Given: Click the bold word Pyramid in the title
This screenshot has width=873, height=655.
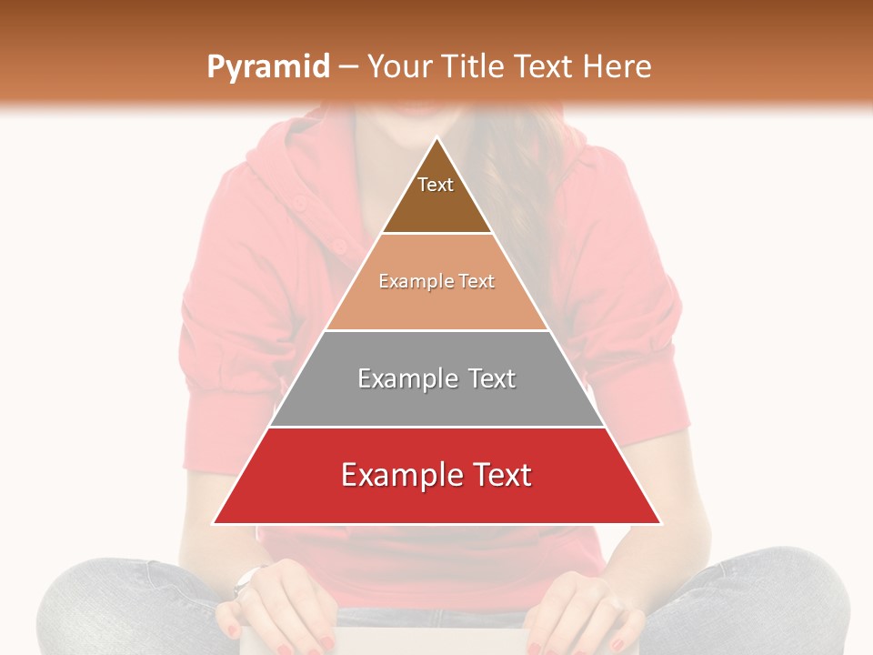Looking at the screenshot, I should click(x=267, y=67).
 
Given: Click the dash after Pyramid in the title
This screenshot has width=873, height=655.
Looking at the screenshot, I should click(x=347, y=67).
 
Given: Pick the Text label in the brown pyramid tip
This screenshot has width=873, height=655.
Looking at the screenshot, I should click(x=436, y=185).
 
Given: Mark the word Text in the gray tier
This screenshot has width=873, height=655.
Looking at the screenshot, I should click(x=492, y=378).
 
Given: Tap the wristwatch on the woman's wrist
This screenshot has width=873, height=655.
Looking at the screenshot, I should click(x=246, y=579).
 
